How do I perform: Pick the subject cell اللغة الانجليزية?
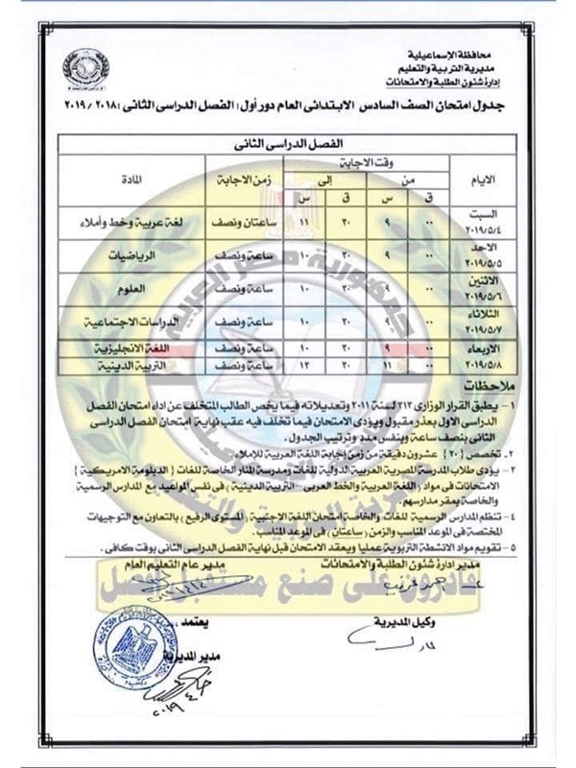[x=122, y=350]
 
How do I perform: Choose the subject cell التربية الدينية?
[x=122, y=367]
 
